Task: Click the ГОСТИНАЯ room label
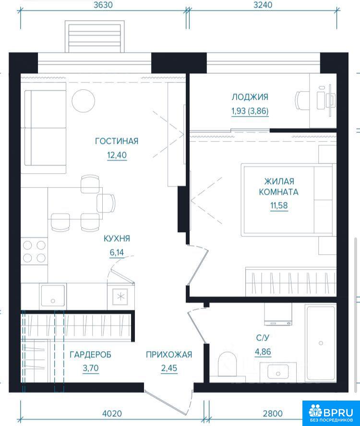(117, 141)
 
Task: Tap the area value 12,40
(117, 155)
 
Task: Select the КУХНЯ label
(117, 238)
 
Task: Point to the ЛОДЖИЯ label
(250, 97)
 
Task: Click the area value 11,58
(279, 205)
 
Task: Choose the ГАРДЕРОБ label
(91, 355)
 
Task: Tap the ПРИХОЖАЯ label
(169, 355)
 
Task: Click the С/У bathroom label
(263, 338)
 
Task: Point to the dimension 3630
(103, 5)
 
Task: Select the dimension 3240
(263, 5)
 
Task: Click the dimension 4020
(112, 414)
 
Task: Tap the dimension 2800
(273, 414)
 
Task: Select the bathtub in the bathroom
(321, 343)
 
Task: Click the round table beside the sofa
(84, 101)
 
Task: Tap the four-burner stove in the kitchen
(34, 252)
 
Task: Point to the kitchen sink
(53, 296)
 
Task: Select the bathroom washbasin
(278, 372)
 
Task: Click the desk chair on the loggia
(302, 100)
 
